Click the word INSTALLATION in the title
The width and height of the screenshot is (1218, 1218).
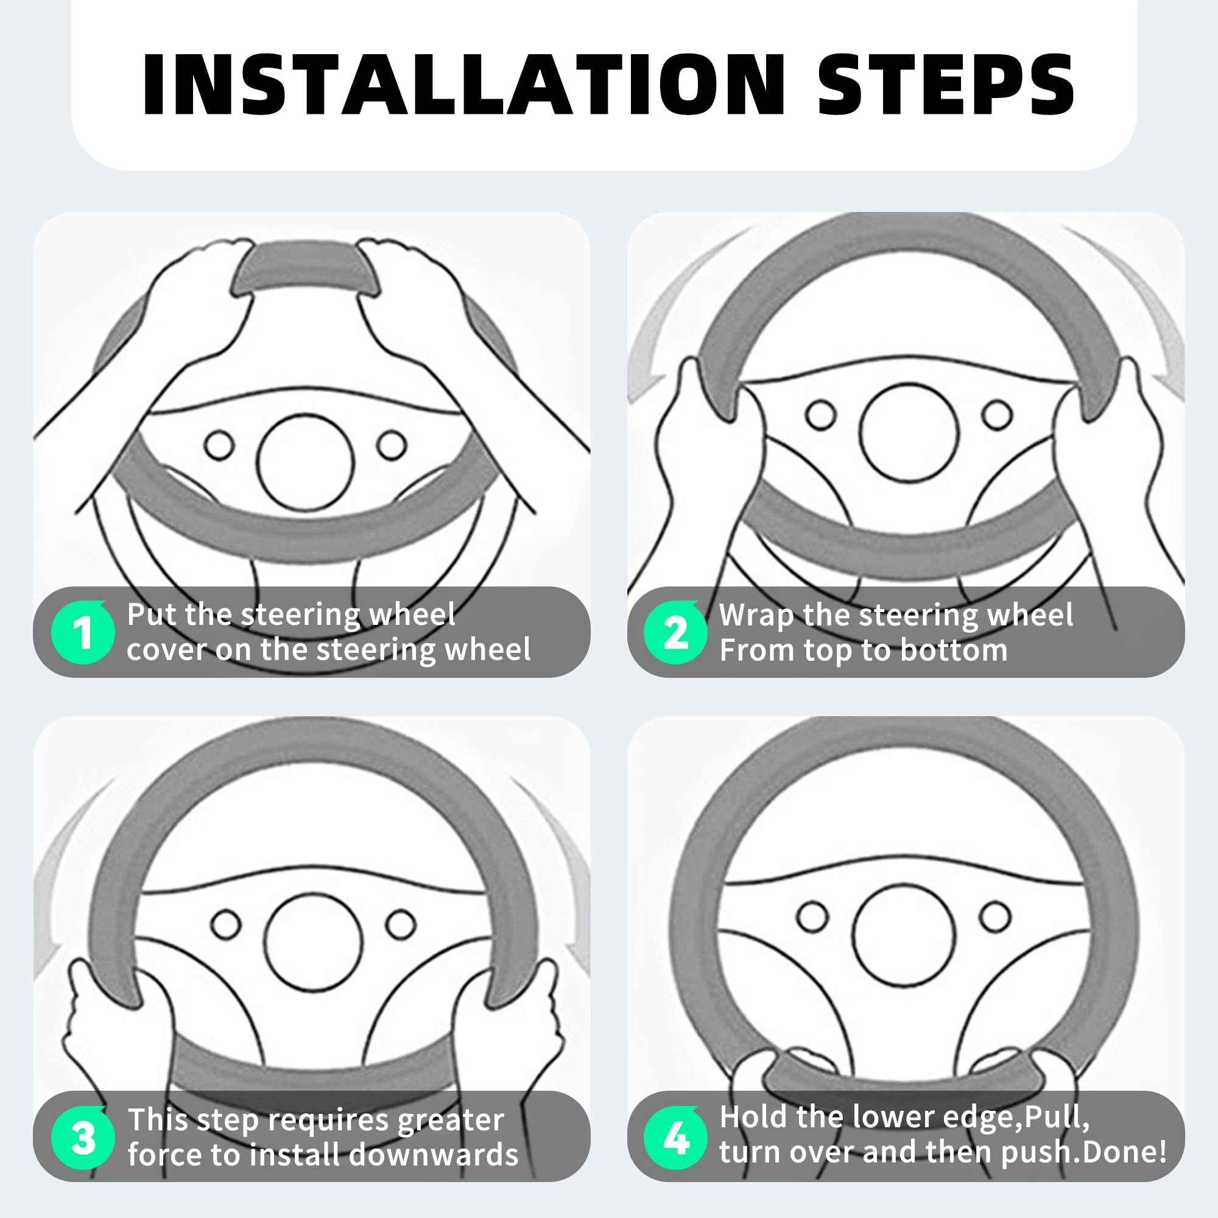(464, 85)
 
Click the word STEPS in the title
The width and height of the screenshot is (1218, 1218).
(946, 85)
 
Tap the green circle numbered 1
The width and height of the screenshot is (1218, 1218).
(83, 632)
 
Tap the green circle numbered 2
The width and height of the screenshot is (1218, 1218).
(675, 632)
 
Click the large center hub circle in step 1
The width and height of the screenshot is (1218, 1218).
(306, 462)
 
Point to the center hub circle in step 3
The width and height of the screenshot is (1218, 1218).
(313, 942)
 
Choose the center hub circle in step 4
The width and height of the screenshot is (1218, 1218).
(903, 935)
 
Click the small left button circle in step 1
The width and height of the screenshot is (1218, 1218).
(219, 445)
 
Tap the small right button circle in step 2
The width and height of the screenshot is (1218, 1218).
(997, 414)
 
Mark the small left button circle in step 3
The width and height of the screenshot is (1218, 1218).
(225, 924)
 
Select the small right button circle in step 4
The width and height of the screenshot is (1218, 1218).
(996, 916)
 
